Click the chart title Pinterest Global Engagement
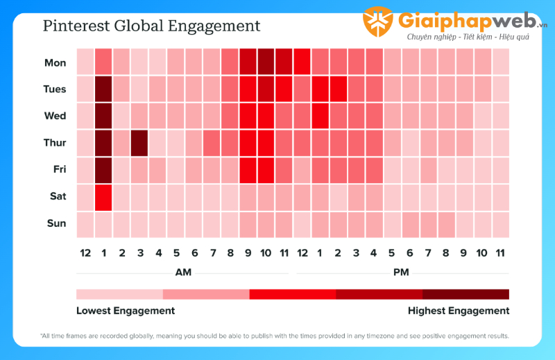point(151,26)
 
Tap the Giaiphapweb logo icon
point(378,22)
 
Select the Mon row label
point(55,62)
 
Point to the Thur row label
point(55,143)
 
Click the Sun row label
point(57,223)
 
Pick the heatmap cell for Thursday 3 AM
point(139,143)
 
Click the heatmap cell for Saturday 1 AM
point(103,196)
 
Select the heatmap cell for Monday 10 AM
point(266,62)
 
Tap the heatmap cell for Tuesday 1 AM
point(103,89)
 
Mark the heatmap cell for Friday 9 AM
point(248,170)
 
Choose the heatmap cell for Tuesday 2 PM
point(338,89)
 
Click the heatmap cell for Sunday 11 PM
point(500,223)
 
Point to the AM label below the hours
point(183,272)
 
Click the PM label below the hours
point(401,272)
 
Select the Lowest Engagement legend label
point(126,311)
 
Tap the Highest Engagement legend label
point(459,311)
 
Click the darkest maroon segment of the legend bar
point(466,294)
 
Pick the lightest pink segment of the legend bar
point(119,294)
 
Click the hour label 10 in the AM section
point(266,253)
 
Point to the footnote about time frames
point(275,336)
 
